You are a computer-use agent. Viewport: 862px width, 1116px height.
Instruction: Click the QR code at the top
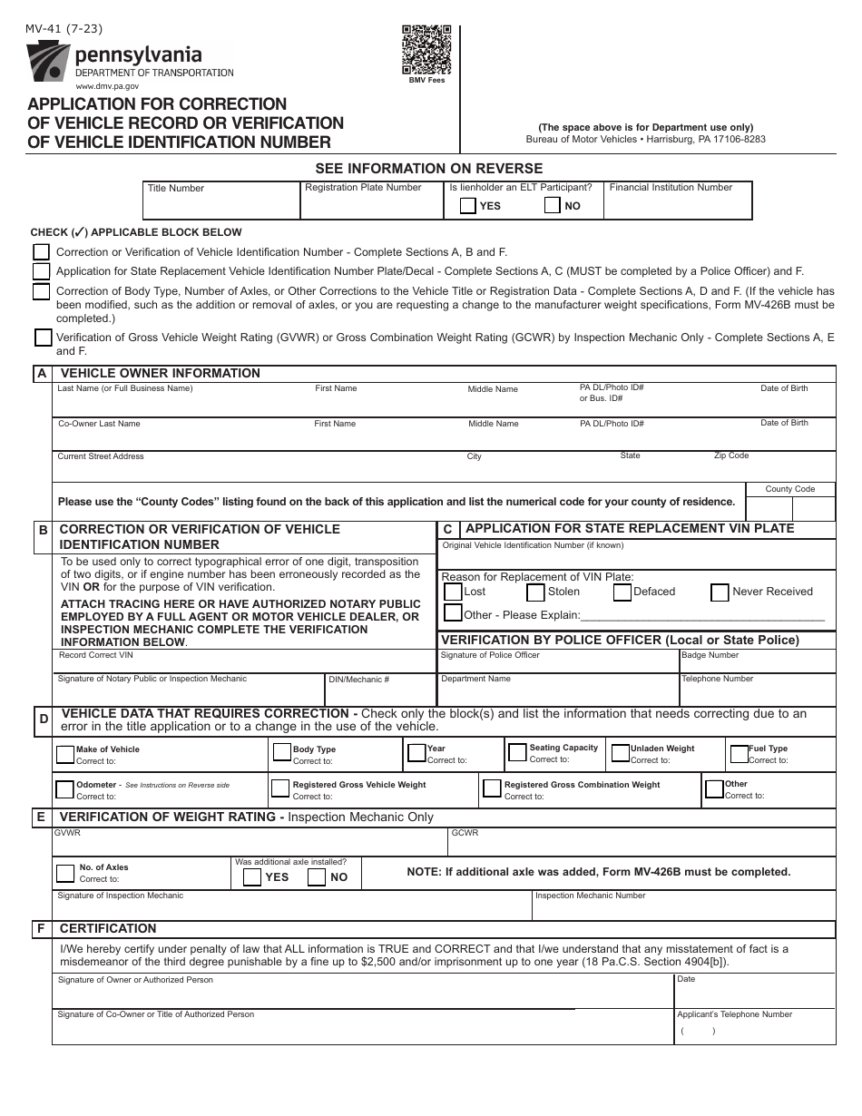(x=426, y=50)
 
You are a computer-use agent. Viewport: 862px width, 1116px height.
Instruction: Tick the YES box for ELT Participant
(x=467, y=205)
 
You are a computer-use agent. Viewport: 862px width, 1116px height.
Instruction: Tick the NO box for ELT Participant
(x=552, y=205)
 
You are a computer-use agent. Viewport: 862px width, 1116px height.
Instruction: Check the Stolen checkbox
(x=534, y=592)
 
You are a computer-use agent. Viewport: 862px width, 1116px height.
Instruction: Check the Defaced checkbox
(x=622, y=592)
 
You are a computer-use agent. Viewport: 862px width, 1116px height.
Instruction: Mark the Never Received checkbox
(x=720, y=592)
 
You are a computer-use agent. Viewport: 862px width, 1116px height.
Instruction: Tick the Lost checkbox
(x=452, y=592)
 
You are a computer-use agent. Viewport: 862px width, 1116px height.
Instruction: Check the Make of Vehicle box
(x=65, y=754)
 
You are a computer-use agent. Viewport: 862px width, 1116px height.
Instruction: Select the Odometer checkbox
(x=64, y=788)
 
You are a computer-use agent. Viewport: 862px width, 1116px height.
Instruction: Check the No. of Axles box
(x=65, y=873)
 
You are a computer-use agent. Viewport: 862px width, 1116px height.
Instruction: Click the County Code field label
(x=789, y=489)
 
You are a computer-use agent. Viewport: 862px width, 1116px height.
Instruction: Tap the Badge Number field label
(x=710, y=655)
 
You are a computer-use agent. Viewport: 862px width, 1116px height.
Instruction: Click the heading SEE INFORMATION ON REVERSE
(x=428, y=168)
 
